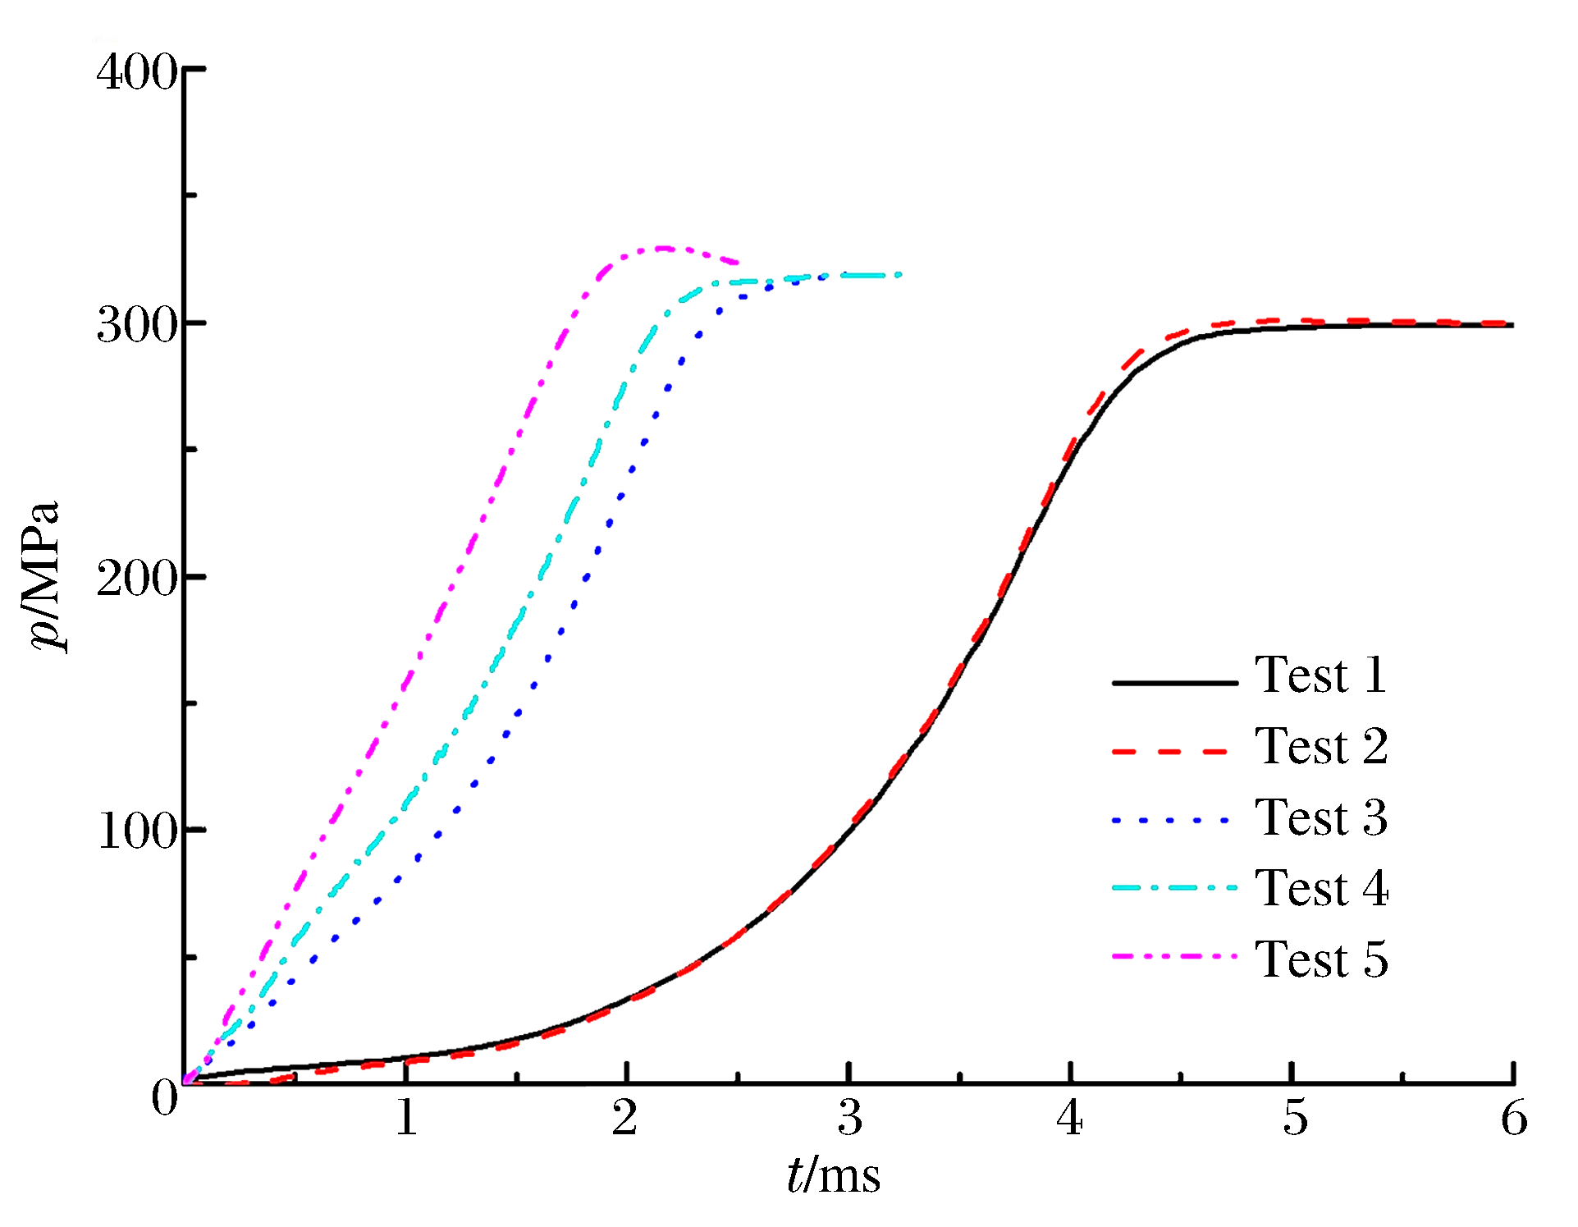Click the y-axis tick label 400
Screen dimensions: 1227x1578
click(136, 72)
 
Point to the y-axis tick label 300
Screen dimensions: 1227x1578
click(136, 326)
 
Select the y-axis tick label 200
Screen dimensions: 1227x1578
click(136, 579)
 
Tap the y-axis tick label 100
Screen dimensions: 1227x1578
click(136, 832)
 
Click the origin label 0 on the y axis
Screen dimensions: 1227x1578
click(164, 1098)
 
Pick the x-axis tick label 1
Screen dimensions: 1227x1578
click(406, 1118)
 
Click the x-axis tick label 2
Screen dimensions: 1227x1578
click(625, 1118)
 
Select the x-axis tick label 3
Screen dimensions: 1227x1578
click(850, 1118)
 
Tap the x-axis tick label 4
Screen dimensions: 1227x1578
click(1070, 1118)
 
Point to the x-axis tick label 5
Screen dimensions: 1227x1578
click(1294, 1118)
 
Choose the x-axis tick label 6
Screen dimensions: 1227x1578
click(1514, 1118)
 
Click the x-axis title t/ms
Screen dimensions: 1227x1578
click(833, 1175)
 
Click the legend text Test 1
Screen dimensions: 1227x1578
click(1321, 676)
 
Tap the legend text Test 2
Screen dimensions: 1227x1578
click(1321, 748)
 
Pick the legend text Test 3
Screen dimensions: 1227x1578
click(1321, 818)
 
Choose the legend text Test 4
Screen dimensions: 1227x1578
click(1321, 889)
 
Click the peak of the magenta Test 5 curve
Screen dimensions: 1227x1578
click(663, 248)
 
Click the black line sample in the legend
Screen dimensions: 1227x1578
click(1174, 682)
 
